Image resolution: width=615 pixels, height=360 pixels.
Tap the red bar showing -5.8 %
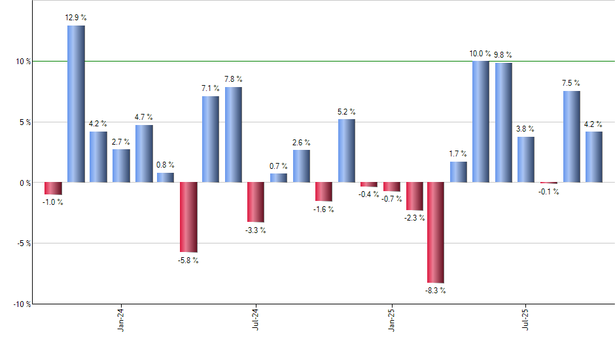[188, 217]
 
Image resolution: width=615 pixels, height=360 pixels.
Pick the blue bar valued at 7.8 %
[234, 134]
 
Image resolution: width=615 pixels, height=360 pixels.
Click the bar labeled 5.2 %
[347, 151]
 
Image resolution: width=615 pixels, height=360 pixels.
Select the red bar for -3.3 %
[256, 202]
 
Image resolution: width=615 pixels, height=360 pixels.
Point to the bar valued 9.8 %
[503, 122]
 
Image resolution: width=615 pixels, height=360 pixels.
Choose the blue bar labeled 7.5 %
[571, 136]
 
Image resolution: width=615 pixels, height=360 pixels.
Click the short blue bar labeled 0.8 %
[166, 177]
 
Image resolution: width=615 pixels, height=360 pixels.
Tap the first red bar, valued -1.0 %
[53, 189]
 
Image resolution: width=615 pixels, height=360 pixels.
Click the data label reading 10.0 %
[481, 54]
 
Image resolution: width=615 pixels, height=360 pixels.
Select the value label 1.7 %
[458, 154]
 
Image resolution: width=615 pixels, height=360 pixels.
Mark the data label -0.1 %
[548, 191]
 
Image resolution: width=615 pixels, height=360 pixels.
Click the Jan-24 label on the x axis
[120, 319]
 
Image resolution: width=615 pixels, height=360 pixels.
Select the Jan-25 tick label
[391, 319]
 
